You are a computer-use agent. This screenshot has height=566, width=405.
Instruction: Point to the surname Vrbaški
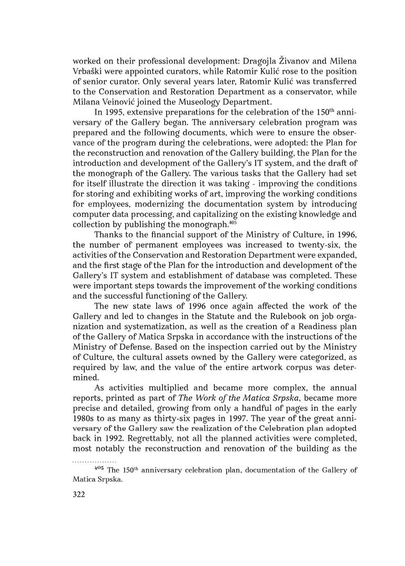(90, 71)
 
